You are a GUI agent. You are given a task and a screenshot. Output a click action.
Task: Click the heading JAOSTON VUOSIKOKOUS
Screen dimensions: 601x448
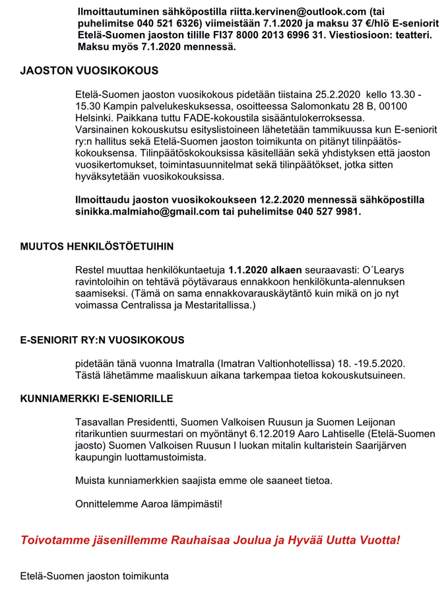[89, 71]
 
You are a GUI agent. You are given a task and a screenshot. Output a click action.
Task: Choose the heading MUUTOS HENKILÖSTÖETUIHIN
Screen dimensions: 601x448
[97, 247]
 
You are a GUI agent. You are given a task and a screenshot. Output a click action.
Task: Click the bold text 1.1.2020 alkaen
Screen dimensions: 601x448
[265, 270]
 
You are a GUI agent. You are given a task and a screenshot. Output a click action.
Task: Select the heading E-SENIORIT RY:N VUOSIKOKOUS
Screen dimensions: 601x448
[102, 340]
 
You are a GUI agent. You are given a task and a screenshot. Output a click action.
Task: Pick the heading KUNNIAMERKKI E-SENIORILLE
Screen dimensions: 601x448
[96, 399]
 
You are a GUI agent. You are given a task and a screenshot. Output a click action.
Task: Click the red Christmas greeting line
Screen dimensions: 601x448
[210, 540]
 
